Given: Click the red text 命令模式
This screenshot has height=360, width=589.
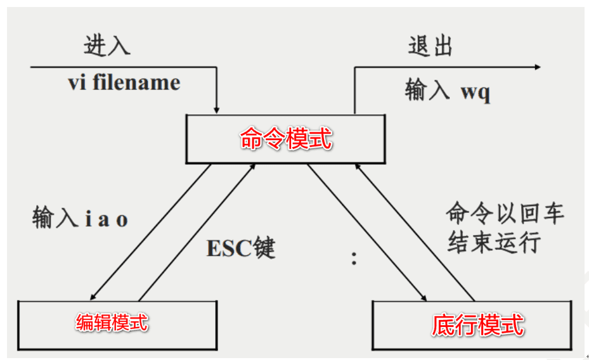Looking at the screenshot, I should pyautogui.click(x=286, y=139).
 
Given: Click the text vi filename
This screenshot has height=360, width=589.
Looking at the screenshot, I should pyautogui.click(x=124, y=83).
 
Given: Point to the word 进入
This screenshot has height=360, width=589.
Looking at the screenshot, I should pyautogui.click(x=107, y=46).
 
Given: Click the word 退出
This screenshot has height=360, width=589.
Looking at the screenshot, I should pyautogui.click(x=430, y=47).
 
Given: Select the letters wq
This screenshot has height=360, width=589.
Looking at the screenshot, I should pyautogui.click(x=475, y=93).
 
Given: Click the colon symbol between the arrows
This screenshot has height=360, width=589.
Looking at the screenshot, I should pyautogui.click(x=354, y=259).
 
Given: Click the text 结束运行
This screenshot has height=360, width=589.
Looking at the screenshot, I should pyautogui.click(x=494, y=242).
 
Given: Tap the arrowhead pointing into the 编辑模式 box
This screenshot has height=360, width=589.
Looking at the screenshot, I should pyautogui.click(x=94, y=295).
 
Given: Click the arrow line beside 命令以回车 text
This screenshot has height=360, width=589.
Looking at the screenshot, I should pyautogui.click(x=415, y=231).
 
